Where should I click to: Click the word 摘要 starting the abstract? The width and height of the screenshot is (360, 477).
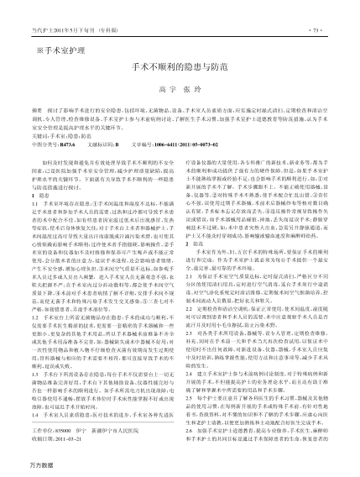coord(34,134)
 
